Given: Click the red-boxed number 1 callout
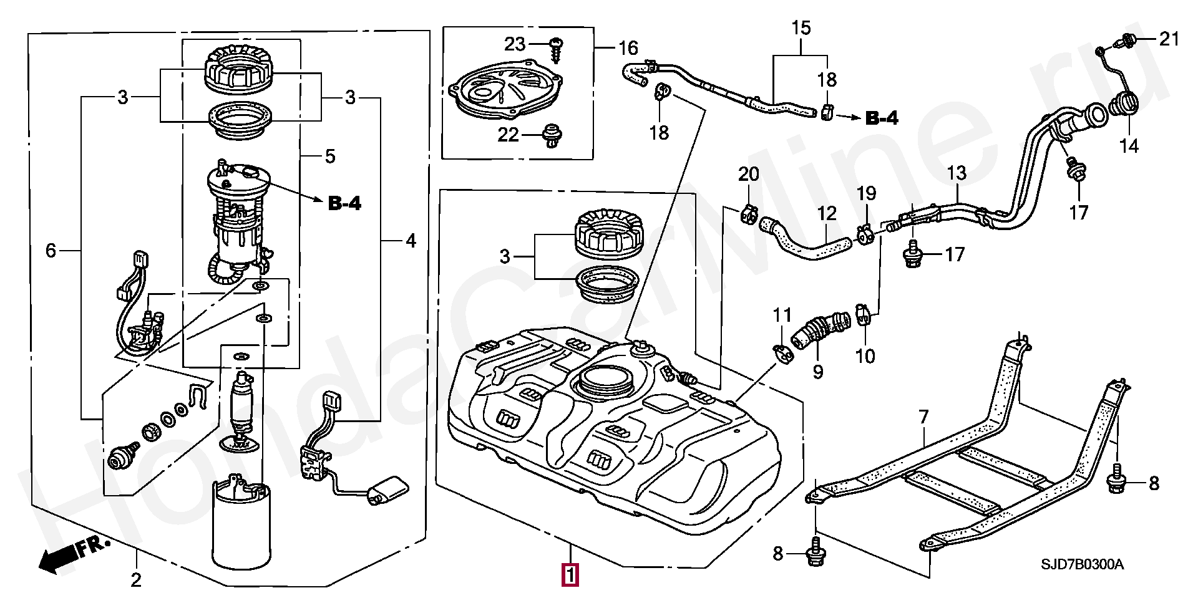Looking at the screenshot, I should pyautogui.click(x=570, y=574).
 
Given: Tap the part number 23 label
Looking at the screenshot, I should pyautogui.click(x=515, y=44).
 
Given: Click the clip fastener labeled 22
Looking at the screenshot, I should pyautogui.click(x=551, y=135).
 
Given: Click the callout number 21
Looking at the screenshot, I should pyautogui.click(x=1169, y=39).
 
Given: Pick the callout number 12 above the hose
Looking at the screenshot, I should pyautogui.click(x=827, y=214).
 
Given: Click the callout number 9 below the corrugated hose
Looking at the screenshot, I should pyautogui.click(x=817, y=372).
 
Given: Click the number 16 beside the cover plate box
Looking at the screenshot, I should pyautogui.click(x=628, y=47).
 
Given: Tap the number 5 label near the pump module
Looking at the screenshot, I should pyautogui.click(x=330, y=156).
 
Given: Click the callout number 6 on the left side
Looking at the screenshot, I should pyautogui.click(x=51, y=251).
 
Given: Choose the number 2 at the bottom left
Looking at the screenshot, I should pyautogui.click(x=135, y=580).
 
